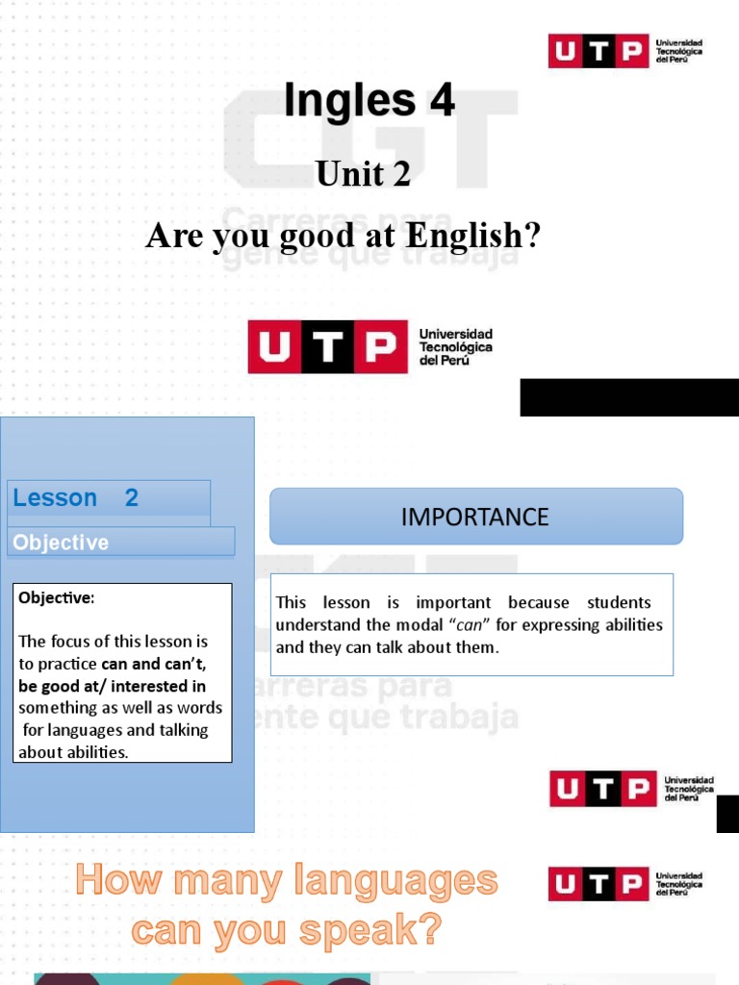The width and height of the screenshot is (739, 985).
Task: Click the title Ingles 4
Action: coord(369,102)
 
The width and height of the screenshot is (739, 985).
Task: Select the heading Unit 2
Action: coord(364,174)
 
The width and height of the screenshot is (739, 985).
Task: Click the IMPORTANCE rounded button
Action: coord(475,517)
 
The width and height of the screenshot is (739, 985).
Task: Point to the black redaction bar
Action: coord(629,397)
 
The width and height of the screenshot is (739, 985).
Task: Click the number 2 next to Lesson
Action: coord(132,497)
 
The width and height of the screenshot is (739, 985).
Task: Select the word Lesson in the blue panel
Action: coord(55,497)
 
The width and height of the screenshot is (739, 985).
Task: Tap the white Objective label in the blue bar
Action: coord(61,543)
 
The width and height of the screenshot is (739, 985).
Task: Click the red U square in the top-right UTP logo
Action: coord(568,51)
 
